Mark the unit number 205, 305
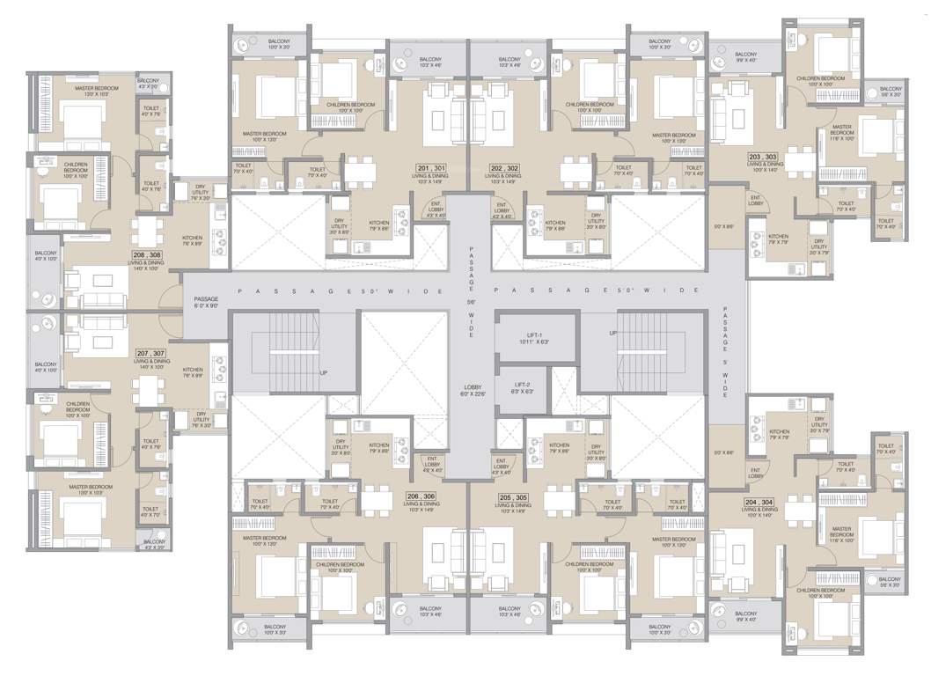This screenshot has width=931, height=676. coord(510,496)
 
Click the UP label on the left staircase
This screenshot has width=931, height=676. coord(324,372)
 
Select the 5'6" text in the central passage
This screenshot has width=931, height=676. coord(473,299)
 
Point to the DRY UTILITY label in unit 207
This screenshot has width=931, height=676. coord(202,416)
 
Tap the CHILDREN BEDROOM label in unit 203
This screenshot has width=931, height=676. coord(820,78)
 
